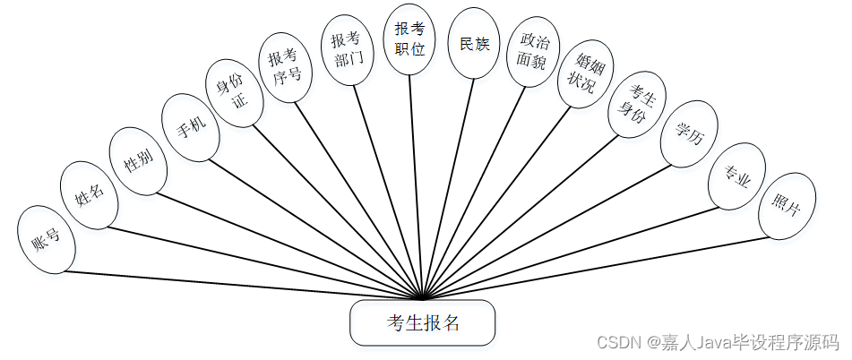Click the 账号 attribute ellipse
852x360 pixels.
[46, 239]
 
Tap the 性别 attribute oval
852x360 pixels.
[138, 160]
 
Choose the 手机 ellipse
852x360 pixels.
[191, 127]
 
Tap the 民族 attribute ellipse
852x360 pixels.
[475, 44]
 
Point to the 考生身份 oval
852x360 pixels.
[637, 104]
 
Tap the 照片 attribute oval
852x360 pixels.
[787, 207]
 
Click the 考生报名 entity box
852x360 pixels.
[422, 323]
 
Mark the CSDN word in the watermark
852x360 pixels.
[615, 343]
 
